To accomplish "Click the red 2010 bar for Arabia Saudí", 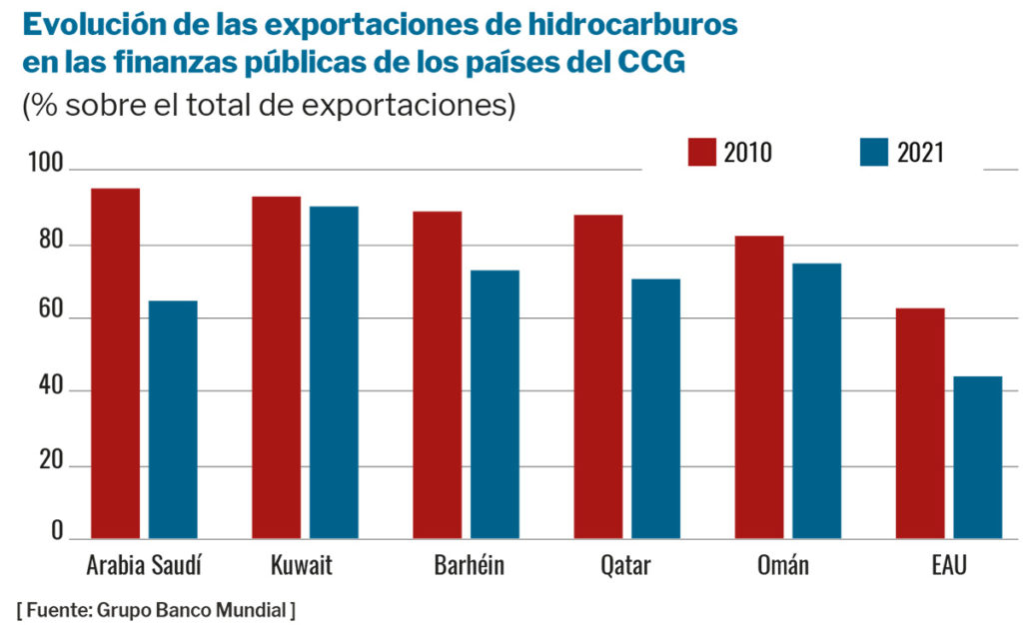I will pyautogui.click(x=116, y=364).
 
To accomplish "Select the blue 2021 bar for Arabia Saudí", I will pyautogui.click(x=173, y=420).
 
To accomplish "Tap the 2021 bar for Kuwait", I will pyautogui.click(x=334, y=372).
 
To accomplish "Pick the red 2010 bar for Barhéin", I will pyautogui.click(x=438, y=375).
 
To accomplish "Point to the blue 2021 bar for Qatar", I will pyautogui.click(x=655, y=409).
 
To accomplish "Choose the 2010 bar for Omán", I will pyautogui.click(x=759, y=387).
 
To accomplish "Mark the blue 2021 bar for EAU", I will pyautogui.click(x=977, y=457).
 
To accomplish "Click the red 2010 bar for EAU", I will pyautogui.click(x=920, y=423).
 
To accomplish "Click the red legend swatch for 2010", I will pyautogui.click(x=701, y=152).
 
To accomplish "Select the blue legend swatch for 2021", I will pyautogui.click(x=873, y=152).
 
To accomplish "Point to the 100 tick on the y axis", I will pyautogui.click(x=47, y=163).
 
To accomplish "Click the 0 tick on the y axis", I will pyautogui.click(x=58, y=530).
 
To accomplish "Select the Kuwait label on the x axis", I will pyautogui.click(x=302, y=566).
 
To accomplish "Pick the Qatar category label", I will pyautogui.click(x=625, y=566).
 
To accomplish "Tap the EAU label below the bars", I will pyautogui.click(x=948, y=566).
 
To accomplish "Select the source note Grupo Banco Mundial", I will pyautogui.click(x=156, y=609).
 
